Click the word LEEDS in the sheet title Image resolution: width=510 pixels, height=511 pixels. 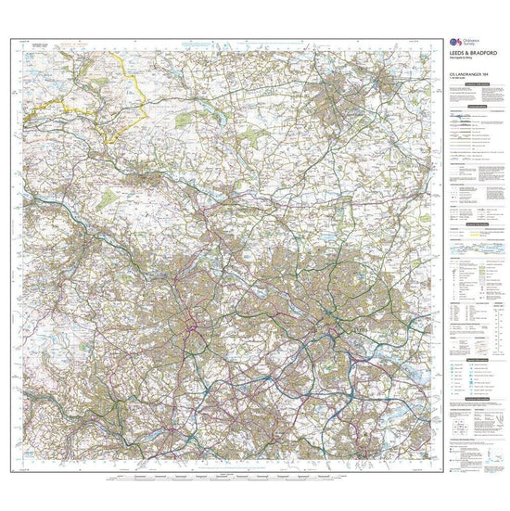456,57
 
